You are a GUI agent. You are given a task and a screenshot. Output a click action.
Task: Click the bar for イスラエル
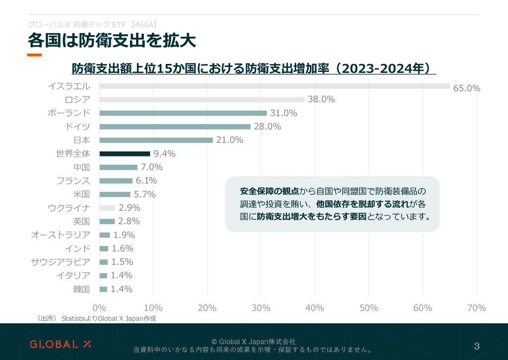tap(274, 86)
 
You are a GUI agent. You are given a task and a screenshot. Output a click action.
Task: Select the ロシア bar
tap(202, 99)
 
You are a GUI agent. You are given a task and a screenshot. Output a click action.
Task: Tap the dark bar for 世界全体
tap(125, 154)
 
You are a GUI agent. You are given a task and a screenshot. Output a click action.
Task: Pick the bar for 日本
tap(156, 140)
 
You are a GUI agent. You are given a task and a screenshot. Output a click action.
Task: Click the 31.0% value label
tap(283, 113)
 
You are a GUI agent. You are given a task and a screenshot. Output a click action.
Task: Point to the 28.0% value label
tap(267, 126)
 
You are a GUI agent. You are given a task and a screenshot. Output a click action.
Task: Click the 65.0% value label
tap(467, 89)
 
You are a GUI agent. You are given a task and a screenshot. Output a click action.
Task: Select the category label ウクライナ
tap(69, 208)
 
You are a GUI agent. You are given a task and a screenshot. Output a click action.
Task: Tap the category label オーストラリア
tap(61, 235)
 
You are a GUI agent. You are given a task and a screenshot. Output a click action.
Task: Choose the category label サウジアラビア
tap(61, 262)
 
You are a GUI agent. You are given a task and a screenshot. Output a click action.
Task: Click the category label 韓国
tap(81, 289)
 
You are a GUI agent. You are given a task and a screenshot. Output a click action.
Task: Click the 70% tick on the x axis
tap(477, 308)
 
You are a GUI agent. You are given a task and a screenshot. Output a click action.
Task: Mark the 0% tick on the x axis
tap(99, 308)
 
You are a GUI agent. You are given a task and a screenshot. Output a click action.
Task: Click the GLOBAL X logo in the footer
tap(61, 344)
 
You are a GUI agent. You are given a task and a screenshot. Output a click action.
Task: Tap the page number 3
tap(477, 346)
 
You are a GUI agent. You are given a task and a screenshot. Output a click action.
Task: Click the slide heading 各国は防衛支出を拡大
tap(111, 40)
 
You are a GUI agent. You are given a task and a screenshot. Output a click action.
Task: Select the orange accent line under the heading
tap(34, 55)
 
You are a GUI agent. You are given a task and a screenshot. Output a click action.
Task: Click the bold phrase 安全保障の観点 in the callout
tap(269, 191)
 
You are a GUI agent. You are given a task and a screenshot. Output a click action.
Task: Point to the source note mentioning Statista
tap(97, 318)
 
